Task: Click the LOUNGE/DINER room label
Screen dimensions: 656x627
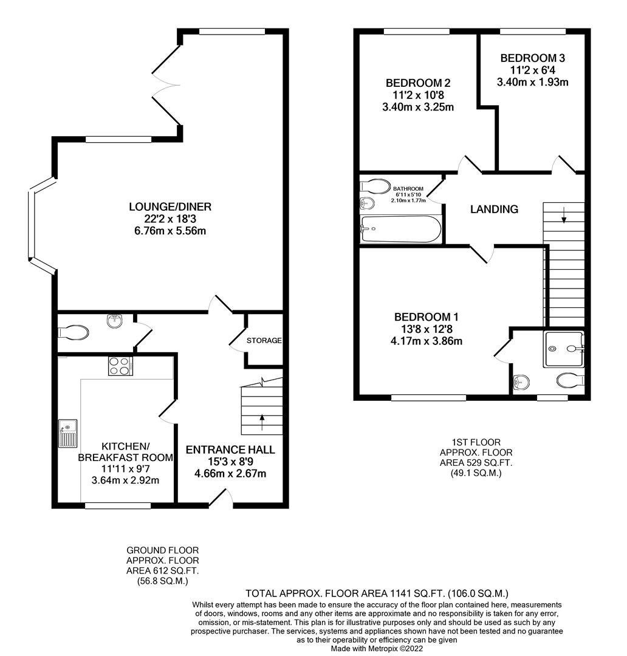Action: tap(170, 207)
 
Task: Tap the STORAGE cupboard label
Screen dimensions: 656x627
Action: tap(264, 340)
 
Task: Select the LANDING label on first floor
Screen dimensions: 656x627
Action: tap(495, 209)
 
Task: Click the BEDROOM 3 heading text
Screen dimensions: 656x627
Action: tap(532, 58)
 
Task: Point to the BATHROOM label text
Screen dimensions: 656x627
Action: tap(408, 189)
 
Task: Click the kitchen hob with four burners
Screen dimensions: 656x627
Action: tap(120, 366)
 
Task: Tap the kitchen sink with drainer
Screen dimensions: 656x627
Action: tap(68, 433)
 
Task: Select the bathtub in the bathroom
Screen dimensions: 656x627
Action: tap(400, 230)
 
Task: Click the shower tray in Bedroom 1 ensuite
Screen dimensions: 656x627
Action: tap(564, 349)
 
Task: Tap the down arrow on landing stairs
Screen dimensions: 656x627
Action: tap(564, 214)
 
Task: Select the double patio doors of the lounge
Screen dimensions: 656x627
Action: tap(165, 85)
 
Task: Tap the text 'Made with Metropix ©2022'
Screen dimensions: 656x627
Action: tap(377, 648)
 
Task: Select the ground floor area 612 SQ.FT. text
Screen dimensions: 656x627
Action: tap(162, 570)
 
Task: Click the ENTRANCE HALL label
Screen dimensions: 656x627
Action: tap(230, 450)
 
